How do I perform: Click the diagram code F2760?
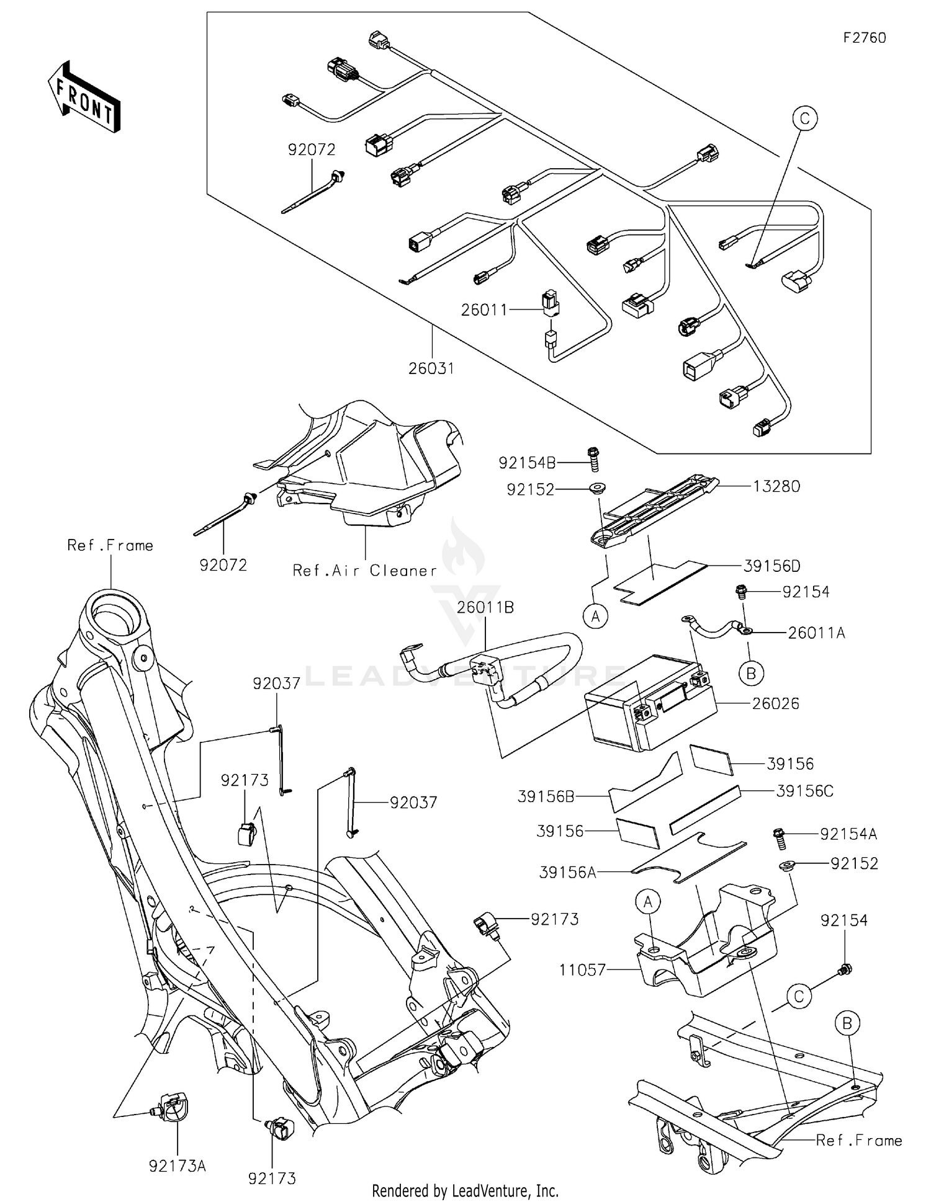pos(864,38)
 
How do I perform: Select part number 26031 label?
pos(431,368)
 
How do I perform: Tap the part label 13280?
pos(776,486)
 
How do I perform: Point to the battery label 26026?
pos(775,703)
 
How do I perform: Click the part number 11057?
pos(582,969)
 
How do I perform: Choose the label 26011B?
pos(485,607)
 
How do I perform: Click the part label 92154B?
pos(527,463)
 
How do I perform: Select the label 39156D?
pos(771,566)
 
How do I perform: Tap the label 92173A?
pos(177,1166)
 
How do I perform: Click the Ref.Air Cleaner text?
pos(365,571)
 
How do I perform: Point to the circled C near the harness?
pos(804,118)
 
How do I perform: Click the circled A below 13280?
pos(596,617)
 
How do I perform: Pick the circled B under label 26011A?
pos(751,673)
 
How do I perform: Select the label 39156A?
pos(567,873)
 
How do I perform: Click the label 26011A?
pos(816,633)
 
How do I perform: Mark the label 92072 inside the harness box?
pos(312,149)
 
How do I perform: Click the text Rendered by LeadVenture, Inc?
pos(465,1190)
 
